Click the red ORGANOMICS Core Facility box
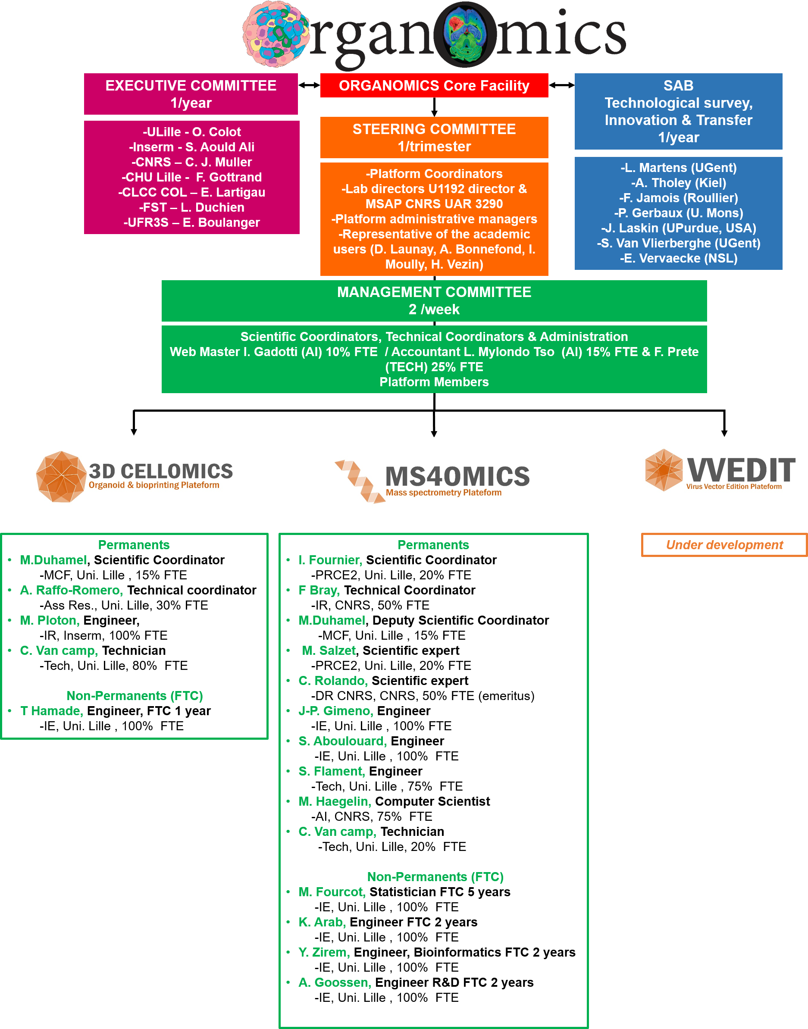click(x=434, y=86)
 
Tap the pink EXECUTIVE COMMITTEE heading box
click(x=191, y=94)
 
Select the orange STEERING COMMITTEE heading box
click(x=434, y=137)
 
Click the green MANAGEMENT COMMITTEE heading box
click(x=434, y=300)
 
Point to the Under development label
click(x=724, y=545)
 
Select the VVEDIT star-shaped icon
click(x=664, y=469)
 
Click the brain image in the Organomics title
click(x=466, y=34)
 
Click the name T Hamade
click(x=52, y=711)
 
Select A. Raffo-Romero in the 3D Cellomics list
click(x=72, y=590)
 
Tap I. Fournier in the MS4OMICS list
click(x=330, y=560)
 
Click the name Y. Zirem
click(x=324, y=952)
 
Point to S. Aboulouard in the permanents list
click(x=342, y=741)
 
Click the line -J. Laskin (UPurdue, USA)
click(x=678, y=228)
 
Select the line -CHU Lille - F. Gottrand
click(x=191, y=177)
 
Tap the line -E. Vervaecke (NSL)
click(x=678, y=258)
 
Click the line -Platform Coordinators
click(x=434, y=174)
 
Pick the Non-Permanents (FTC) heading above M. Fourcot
click(x=435, y=877)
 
